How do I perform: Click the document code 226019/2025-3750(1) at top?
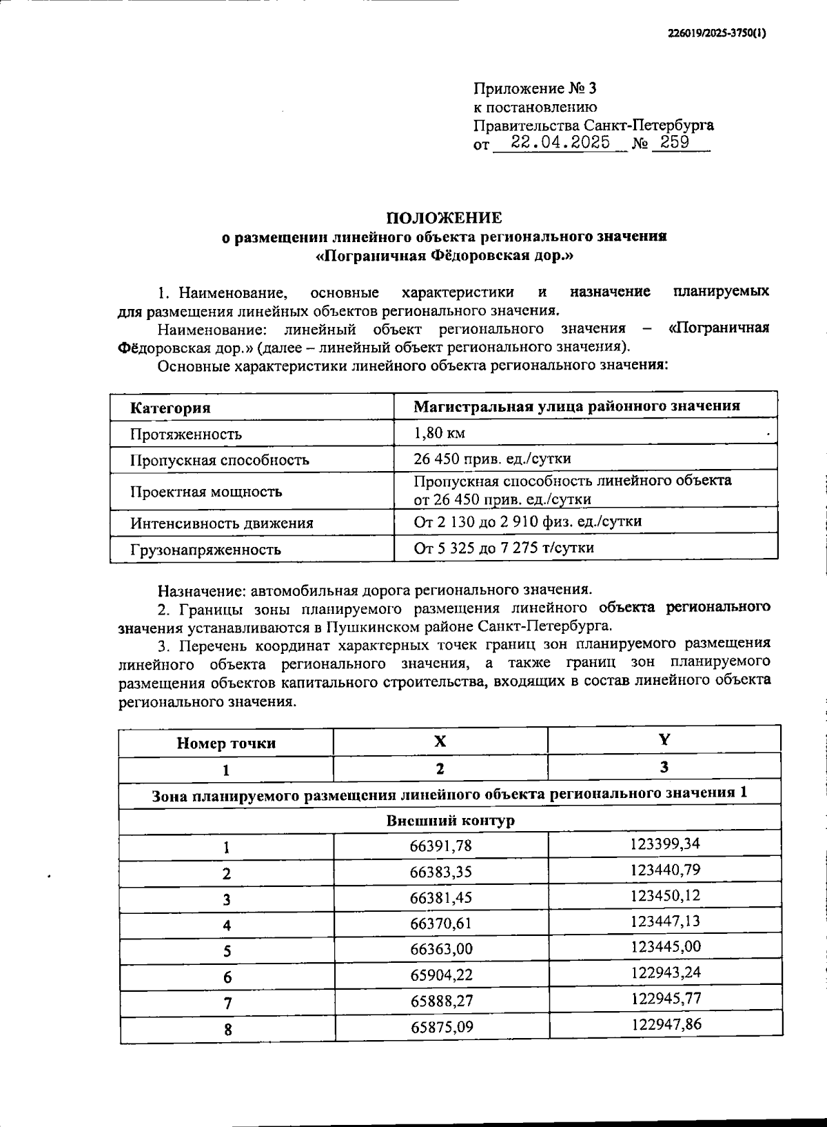717,33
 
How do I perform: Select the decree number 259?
675,143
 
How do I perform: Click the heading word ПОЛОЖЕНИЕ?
444,218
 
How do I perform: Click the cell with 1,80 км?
439,433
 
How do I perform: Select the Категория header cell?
170,408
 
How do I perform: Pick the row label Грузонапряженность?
205,550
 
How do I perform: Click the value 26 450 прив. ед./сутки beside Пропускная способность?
492,459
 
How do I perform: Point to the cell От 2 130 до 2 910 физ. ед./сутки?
527,521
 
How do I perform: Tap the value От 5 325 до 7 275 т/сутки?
503,548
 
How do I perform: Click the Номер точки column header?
226,743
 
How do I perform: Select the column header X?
440,741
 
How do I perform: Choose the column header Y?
664,740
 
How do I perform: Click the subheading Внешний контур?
450,821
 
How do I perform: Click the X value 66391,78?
441,846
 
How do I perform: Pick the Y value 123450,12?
665,895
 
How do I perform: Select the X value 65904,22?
441,975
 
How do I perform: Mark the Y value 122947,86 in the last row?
666,1024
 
